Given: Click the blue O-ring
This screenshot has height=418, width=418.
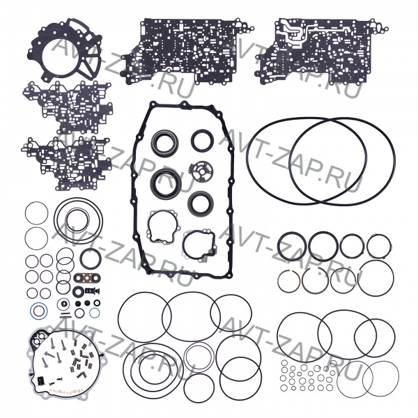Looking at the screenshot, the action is (x=31, y=311).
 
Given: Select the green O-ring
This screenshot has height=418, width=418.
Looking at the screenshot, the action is (x=90, y=312).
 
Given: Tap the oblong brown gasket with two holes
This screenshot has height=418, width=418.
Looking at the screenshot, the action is (x=87, y=278).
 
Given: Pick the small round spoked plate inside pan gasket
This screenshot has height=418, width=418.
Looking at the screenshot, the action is (x=200, y=171).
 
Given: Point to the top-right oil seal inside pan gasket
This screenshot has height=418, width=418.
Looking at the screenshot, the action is (x=192, y=140).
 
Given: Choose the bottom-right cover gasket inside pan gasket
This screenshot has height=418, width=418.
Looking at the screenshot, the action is (x=185, y=245).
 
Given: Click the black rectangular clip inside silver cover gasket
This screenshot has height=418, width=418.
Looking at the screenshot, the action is (x=40, y=380).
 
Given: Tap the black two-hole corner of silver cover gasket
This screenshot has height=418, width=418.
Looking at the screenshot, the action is (x=38, y=335).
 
